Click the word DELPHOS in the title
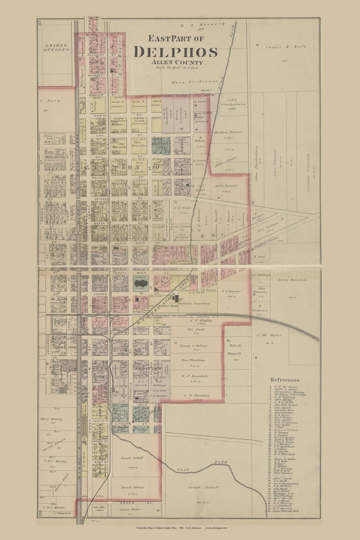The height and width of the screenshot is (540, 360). click(x=176, y=52)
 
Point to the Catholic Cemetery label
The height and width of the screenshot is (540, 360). click(x=194, y=304)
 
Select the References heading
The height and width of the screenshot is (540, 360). click(x=285, y=380)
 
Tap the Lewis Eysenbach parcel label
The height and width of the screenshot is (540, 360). click(x=293, y=280)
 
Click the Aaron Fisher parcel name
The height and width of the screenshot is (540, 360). click(x=130, y=510)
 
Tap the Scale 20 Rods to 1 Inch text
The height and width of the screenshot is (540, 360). click(x=177, y=67)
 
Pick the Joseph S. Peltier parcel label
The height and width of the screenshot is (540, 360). click(x=194, y=346)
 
